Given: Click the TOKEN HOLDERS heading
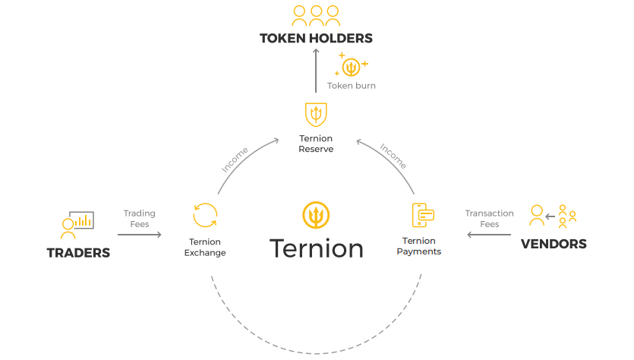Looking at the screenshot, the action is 316,39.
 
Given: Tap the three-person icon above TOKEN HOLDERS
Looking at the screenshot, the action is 316,16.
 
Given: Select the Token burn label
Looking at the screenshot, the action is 352,86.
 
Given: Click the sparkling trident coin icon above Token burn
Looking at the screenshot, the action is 351,65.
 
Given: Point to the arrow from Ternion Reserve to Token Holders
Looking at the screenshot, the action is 316,71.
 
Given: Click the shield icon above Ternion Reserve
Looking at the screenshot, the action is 316,115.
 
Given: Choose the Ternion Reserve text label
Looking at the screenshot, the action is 316,144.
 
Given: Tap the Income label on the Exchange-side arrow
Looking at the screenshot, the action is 235,159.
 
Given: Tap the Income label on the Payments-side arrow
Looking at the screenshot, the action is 393,156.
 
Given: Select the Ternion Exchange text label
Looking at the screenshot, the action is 205,247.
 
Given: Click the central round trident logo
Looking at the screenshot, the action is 316,215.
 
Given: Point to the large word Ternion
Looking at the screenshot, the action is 316,248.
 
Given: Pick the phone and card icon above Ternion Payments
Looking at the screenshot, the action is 422,215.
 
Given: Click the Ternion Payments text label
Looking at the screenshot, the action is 419,246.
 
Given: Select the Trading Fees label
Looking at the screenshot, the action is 140,219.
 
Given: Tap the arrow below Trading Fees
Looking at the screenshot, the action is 140,235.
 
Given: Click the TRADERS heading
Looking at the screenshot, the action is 78,253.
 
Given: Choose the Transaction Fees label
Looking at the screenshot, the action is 489,219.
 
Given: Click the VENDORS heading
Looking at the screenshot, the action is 554,244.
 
